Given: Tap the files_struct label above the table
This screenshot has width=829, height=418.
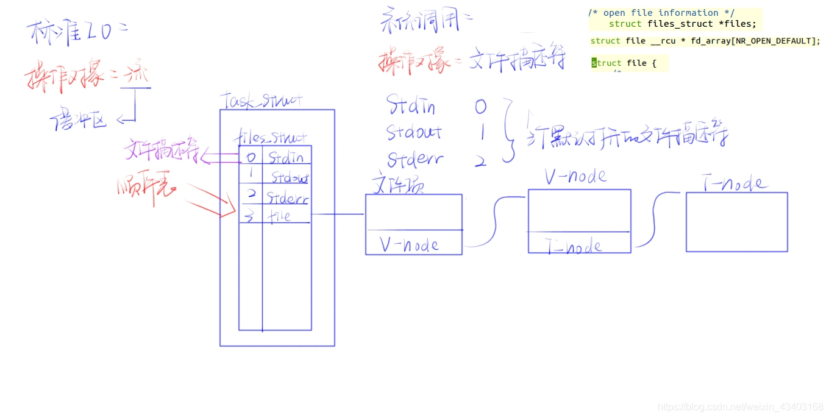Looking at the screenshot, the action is (x=270, y=138).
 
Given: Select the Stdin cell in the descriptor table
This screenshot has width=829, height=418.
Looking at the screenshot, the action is (x=286, y=157).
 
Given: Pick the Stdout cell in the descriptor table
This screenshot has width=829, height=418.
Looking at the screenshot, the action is (x=289, y=178).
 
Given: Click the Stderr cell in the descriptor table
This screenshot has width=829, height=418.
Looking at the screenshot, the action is (x=287, y=198).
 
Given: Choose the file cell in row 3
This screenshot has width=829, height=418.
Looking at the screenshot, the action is (x=280, y=216).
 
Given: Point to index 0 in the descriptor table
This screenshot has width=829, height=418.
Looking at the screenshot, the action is (x=250, y=157).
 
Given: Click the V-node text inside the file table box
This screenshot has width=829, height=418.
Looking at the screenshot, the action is (x=410, y=244).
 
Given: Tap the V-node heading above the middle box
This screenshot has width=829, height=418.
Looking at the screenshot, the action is (x=575, y=177).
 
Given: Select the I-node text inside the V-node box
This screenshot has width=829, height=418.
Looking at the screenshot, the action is (x=574, y=246).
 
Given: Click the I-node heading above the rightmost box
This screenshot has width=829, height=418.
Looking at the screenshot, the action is (x=735, y=183).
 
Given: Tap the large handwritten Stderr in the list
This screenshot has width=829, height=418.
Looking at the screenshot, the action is (x=415, y=160).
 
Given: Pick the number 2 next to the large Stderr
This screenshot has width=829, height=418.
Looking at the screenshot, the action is (x=480, y=161).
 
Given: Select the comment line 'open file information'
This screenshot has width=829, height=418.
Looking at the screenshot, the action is (x=661, y=13).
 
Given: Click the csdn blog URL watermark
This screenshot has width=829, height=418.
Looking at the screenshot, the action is (x=741, y=407).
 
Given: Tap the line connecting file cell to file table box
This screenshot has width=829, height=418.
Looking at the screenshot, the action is (x=338, y=214).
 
